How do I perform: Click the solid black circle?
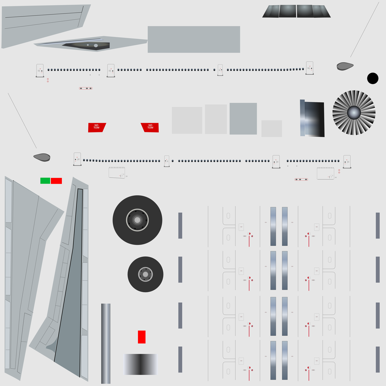[x=373, y=78]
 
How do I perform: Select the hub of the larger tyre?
[x=137, y=220]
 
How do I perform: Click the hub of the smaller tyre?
[x=145, y=274]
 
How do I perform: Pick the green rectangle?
[x=45, y=181]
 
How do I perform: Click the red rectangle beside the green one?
[x=56, y=181]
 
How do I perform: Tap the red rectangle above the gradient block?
[x=142, y=337]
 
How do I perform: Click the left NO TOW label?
[x=96, y=127]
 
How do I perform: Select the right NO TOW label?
[x=150, y=127]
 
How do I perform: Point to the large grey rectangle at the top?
[x=194, y=39]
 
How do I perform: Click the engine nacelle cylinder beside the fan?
[x=313, y=119]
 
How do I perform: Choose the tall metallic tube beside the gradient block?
[x=106, y=343]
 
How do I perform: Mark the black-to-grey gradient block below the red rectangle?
[x=140, y=364]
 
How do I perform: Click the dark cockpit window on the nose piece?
[x=87, y=45]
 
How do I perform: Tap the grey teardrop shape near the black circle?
[x=345, y=66]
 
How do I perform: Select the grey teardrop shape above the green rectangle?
[x=41, y=157]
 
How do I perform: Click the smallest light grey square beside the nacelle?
[x=271, y=129]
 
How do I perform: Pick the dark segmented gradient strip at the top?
[x=296, y=11]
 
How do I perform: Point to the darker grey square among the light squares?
[x=243, y=118]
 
